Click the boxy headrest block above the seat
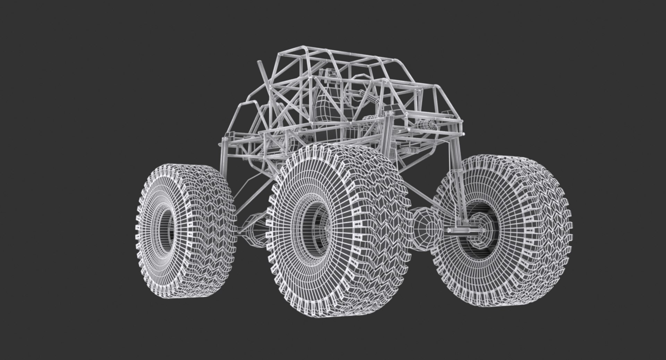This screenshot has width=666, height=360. click(330, 75)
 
